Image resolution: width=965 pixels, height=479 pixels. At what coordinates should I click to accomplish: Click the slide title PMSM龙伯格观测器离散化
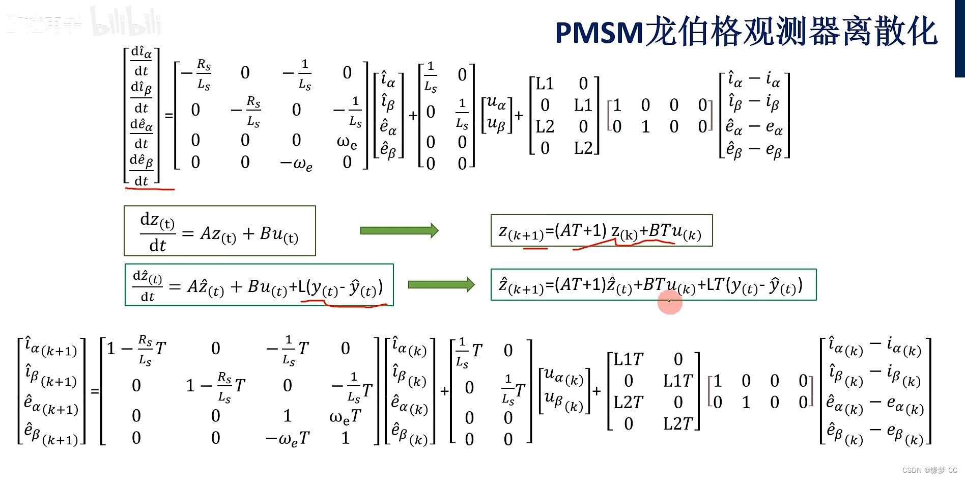(x=746, y=32)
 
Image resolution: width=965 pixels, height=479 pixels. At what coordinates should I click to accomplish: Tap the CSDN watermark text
(x=929, y=470)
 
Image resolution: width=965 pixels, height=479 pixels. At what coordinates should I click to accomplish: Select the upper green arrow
(x=399, y=231)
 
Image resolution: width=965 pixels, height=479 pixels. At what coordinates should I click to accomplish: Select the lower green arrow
(x=441, y=284)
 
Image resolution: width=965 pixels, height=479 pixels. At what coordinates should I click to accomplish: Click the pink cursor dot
(x=669, y=302)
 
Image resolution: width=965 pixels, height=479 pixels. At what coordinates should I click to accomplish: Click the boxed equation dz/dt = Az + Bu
(x=219, y=231)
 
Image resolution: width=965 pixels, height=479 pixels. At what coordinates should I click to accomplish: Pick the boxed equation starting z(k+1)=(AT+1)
(x=601, y=231)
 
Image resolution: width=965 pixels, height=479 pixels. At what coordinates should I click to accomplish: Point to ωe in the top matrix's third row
(x=347, y=141)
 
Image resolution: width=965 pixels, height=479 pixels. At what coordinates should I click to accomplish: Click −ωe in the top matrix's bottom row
(x=296, y=164)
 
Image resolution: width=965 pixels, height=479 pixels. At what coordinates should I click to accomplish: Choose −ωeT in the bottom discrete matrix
(x=288, y=438)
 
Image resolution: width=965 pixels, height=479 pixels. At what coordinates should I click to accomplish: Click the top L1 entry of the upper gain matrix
(x=544, y=84)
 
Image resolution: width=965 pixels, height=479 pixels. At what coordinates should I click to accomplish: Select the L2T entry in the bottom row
(x=678, y=423)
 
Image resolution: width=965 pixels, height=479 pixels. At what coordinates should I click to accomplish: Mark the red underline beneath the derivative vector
(x=150, y=189)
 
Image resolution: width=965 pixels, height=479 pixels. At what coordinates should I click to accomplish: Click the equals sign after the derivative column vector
(x=168, y=116)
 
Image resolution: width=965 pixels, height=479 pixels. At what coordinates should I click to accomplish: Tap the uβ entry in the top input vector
(x=496, y=124)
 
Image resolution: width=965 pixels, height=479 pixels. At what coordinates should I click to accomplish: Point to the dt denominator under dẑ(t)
(x=147, y=297)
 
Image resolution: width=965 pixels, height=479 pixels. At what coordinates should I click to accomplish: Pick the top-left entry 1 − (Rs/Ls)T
(x=136, y=349)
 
